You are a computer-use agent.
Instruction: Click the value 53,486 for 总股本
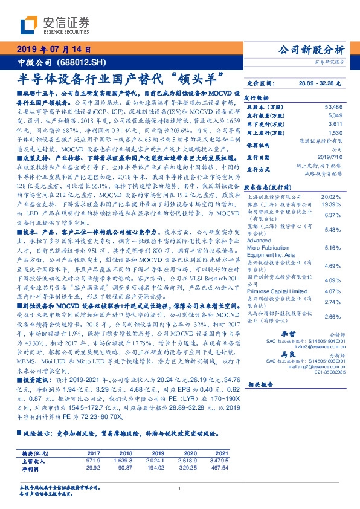[x=333, y=106]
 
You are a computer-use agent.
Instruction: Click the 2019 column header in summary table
[x=158, y=453]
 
